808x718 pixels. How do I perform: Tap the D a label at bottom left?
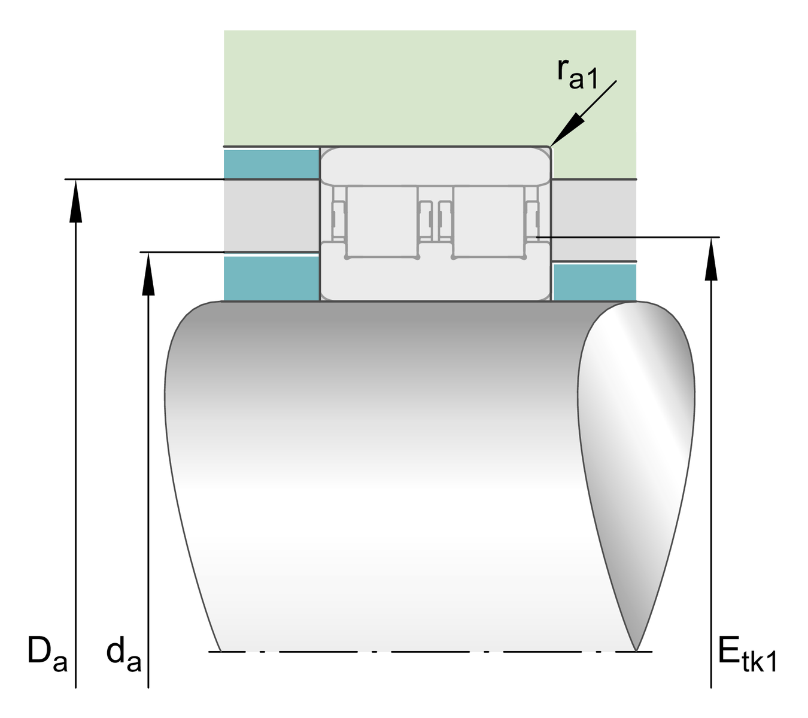pyautogui.click(x=47, y=655)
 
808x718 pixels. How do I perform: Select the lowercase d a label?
pyautogui.click(x=123, y=656)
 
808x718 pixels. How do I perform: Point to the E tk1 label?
pyautogui.click(x=747, y=656)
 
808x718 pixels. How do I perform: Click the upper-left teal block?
pyautogui.click(x=271, y=164)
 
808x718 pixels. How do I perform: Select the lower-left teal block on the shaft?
pyautogui.click(x=271, y=279)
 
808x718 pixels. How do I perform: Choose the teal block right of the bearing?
pyautogui.click(x=594, y=282)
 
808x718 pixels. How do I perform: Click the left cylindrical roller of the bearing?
pyautogui.click(x=381, y=221)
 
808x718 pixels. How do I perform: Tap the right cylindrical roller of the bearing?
pyautogui.click(x=488, y=221)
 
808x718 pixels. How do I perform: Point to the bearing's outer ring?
pyautogui.click(x=435, y=165)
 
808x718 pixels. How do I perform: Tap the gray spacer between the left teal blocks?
pyautogui.click(x=271, y=215)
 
